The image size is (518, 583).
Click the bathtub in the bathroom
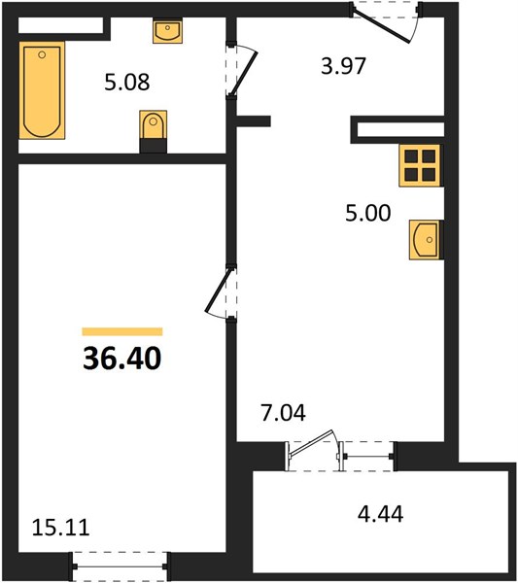point(42,90)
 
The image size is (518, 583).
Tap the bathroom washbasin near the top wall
point(168,31)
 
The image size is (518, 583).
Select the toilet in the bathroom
point(154,131)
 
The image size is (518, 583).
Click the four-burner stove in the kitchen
point(420,165)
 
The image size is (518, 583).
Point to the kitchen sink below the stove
point(425,240)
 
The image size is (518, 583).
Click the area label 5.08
point(127,83)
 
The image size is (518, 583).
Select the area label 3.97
point(344,66)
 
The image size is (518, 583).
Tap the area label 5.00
point(368,213)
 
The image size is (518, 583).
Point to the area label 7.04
point(284,413)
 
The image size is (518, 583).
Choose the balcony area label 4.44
point(380,515)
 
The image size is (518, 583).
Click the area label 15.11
point(60,528)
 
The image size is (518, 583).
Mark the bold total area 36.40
point(122,358)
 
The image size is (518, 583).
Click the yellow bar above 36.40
point(122,331)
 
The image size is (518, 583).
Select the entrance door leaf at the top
point(381,26)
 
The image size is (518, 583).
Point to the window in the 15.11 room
point(121,566)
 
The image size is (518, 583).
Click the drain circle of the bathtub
point(42,54)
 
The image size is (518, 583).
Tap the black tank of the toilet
point(154,146)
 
